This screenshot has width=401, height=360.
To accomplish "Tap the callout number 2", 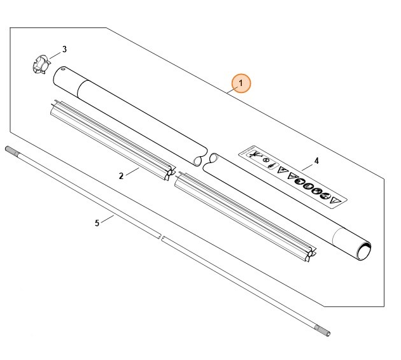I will pyautogui.click(x=121, y=176).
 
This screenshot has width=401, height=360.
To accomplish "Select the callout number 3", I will pyautogui.click(x=64, y=49).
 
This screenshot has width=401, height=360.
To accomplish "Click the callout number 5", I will pyautogui.click(x=97, y=223).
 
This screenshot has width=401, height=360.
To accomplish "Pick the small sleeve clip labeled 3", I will pyautogui.click(x=41, y=64).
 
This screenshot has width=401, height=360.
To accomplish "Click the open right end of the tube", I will pyautogui.click(x=364, y=250).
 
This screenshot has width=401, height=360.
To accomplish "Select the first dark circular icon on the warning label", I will pyautogui.click(x=300, y=182).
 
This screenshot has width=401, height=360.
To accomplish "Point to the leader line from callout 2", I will pyautogui.click(x=132, y=171).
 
